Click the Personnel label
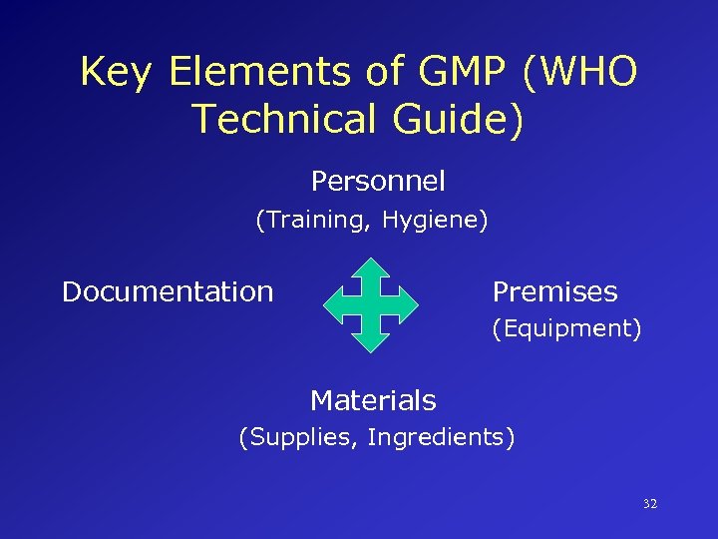coord(378,182)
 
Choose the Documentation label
coord(168,291)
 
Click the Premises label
coord(554,291)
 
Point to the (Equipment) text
coord(565,328)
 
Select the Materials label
coord(373,400)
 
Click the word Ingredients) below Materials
coord(441,437)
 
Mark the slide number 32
coord(649,504)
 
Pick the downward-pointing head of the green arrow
coord(373,342)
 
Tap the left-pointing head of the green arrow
coord(335,304)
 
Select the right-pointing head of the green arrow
coord(411,304)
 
